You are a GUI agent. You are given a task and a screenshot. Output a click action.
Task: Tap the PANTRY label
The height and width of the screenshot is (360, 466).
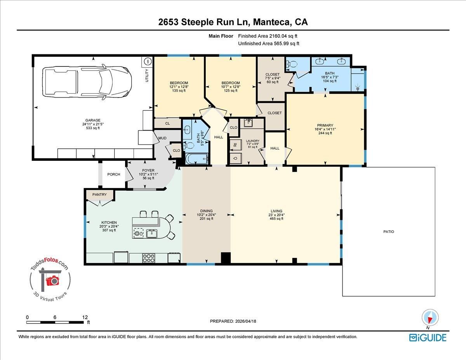click(99, 195)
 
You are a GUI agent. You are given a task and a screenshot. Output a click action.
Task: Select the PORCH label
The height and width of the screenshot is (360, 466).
click(114, 174)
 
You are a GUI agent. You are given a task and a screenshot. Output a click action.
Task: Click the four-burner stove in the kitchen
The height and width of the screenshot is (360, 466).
click(149, 258)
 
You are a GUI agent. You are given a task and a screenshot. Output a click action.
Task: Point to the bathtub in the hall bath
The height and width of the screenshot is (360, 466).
click(197, 159)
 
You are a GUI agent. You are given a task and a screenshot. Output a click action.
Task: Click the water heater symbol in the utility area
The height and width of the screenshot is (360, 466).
click(148, 62)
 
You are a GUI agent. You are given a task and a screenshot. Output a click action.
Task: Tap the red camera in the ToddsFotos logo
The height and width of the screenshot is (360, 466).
click(52, 281)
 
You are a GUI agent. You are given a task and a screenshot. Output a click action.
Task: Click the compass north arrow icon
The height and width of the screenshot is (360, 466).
click(430, 318)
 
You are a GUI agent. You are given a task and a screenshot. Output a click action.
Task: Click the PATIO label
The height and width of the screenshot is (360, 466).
click(389, 231)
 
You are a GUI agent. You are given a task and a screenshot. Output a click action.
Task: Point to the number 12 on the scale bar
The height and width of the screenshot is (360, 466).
click(85, 317)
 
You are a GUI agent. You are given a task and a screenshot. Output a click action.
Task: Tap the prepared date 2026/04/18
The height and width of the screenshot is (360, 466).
click(245, 321)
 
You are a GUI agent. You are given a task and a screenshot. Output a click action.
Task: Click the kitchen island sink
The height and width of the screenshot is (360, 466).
click(151, 233)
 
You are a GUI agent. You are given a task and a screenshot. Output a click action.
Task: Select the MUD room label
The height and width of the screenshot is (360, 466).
click(162, 138)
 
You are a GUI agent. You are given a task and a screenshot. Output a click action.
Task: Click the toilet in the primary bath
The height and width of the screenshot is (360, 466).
click(292, 64)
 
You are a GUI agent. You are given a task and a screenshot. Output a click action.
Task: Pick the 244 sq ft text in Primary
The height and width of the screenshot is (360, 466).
click(325, 133)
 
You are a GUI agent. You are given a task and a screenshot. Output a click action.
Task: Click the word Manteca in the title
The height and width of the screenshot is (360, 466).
click(271, 22)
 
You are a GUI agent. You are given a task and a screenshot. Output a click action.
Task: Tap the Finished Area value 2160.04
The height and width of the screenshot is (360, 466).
click(278, 36)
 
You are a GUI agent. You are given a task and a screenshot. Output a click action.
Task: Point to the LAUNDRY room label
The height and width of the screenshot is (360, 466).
click(253, 141)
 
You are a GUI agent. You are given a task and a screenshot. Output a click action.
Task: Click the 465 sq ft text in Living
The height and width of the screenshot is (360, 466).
click(276, 219)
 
